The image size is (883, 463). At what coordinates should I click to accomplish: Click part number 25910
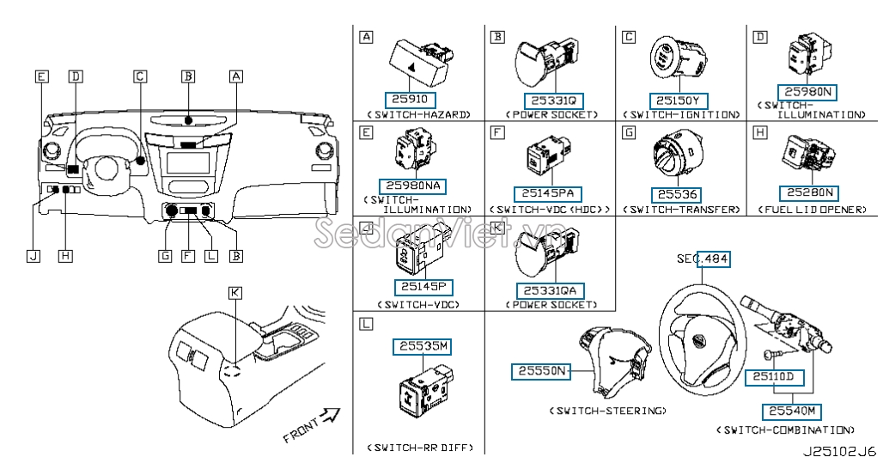[x=410, y=100]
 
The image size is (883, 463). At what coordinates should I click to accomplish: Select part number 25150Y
[x=678, y=101]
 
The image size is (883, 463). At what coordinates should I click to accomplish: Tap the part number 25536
[x=678, y=194]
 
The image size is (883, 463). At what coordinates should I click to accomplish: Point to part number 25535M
[x=422, y=346]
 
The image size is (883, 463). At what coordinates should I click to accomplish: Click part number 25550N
[x=540, y=370]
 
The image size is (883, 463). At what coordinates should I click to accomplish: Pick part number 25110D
[x=774, y=376]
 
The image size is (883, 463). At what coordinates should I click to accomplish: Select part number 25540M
[x=791, y=411]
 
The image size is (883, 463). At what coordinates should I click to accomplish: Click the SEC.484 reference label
[x=703, y=259]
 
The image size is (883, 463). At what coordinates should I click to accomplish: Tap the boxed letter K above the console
[x=235, y=292]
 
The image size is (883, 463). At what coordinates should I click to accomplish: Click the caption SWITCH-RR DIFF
[x=420, y=448]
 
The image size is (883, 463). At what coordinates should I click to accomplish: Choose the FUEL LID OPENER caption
[x=812, y=210]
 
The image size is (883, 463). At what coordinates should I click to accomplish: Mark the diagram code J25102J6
[x=840, y=451]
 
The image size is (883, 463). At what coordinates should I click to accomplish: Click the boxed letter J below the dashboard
[x=33, y=256]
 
